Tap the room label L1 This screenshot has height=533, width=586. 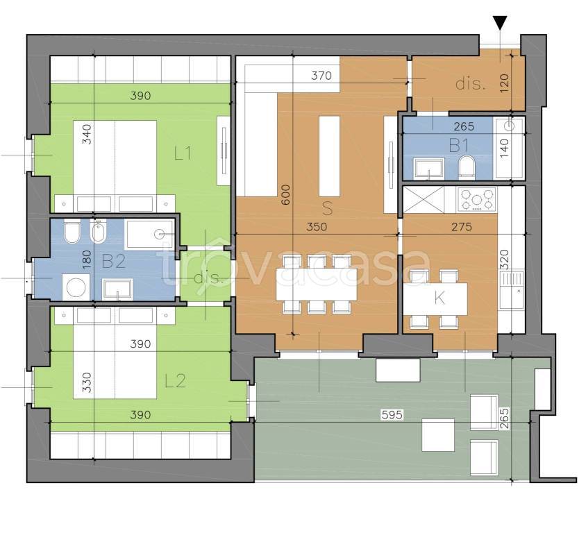[183, 153]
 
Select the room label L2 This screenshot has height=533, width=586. [176, 380]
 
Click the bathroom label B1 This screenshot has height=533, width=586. [458, 145]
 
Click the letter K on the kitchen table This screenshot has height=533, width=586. [439, 298]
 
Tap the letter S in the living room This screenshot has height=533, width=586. [327, 208]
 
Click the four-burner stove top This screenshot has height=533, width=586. [477, 199]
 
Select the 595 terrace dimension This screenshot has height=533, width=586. [392, 414]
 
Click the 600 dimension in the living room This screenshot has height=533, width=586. [285, 194]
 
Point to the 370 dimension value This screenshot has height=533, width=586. [321, 76]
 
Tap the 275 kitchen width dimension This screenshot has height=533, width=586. [462, 227]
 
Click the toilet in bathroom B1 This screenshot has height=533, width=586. [467, 167]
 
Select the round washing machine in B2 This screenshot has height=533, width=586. [76, 287]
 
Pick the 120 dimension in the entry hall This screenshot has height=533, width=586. [505, 83]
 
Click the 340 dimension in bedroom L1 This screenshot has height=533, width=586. [86, 134]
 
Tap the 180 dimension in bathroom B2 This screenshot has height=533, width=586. [86, 260]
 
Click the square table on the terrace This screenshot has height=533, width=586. [438, 434]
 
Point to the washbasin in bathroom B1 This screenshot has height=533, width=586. [428, 169]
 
